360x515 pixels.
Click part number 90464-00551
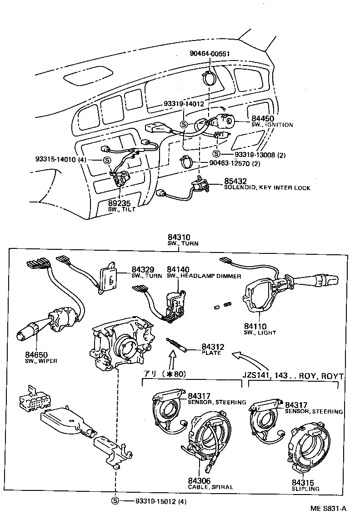coord(210,54)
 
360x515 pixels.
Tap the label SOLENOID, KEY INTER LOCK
coord(267,188)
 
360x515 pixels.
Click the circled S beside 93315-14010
coord(107,160)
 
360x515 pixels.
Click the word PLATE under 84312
coord(211,353)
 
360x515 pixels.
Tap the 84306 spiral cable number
coord(199,480)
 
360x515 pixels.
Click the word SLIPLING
coord(305,489)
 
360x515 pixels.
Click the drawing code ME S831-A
coord(329,509)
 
